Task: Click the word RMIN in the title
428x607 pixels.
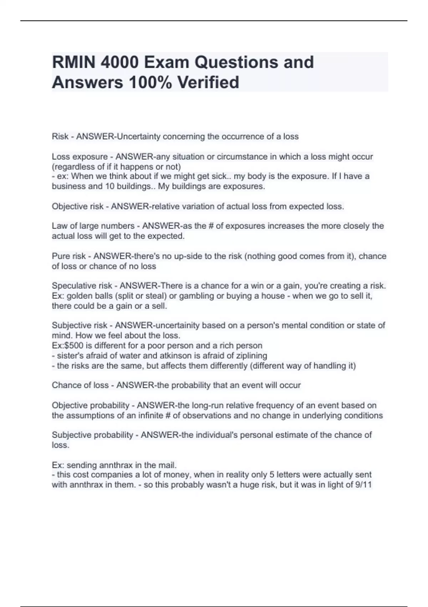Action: coord(73,62)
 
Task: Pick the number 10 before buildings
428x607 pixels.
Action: coord(108,186)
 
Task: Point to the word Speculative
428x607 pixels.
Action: coord(72,286)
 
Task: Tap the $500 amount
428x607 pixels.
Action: coord(72,346)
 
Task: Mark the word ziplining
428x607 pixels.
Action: coord(251,356)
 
